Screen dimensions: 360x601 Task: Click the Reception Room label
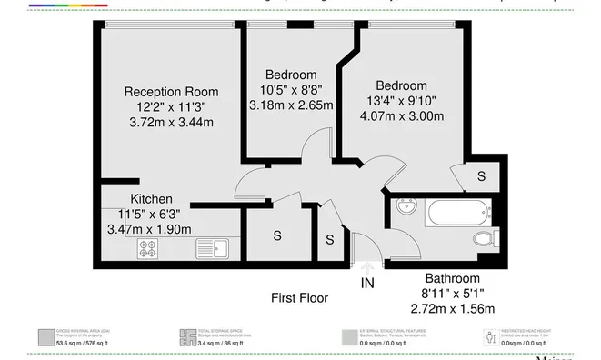171,91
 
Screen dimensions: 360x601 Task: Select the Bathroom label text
452,278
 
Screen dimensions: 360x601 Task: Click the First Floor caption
300,297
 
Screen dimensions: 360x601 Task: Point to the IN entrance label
366,284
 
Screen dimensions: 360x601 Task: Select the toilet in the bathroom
485,238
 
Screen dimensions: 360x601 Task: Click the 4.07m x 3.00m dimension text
401,116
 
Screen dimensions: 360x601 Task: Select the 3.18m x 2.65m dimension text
291,105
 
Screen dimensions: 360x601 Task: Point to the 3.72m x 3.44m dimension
171,121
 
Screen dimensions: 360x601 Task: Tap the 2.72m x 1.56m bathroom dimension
452,309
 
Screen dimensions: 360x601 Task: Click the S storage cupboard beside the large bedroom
481,175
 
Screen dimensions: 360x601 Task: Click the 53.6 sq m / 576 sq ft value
83,343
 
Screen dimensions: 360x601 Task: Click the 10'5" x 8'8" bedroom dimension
291,90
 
